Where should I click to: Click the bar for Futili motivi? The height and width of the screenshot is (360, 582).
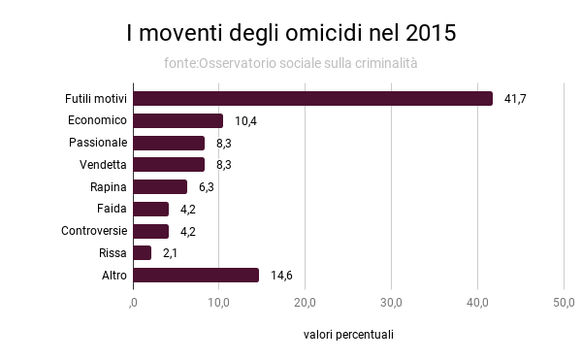click(312, 98)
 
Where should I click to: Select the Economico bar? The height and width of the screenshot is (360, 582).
click(178, 120)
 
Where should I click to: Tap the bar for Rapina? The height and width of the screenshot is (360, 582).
click(160, 186)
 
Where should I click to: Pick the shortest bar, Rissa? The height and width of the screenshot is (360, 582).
click(142, 252)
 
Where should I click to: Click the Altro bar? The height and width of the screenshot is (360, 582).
click(196, 275)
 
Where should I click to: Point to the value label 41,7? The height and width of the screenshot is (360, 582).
click(514, 98)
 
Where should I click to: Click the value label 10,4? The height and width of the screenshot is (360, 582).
click(245, 120)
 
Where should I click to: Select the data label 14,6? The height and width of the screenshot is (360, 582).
click(281, 275)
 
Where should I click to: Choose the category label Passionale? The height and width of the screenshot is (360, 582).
click(98, 143)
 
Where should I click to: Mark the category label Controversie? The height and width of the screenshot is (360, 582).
click(94, 231)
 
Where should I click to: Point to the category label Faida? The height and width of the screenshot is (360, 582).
click(113, 209)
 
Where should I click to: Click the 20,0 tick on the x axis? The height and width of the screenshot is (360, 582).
click(305, 304)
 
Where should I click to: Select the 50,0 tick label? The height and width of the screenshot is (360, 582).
click(564, 304)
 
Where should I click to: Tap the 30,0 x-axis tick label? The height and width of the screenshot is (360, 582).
click(391, 304)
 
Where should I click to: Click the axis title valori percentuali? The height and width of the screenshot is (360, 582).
click(348, 335)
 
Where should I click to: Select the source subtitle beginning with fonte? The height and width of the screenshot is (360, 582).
click(291, 63)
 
